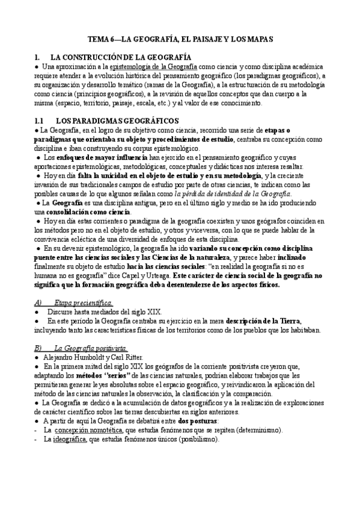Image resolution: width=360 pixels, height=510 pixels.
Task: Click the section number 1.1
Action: tap(41, 120)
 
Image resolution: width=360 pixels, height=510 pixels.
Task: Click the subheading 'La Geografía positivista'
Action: tap(90, 348)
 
